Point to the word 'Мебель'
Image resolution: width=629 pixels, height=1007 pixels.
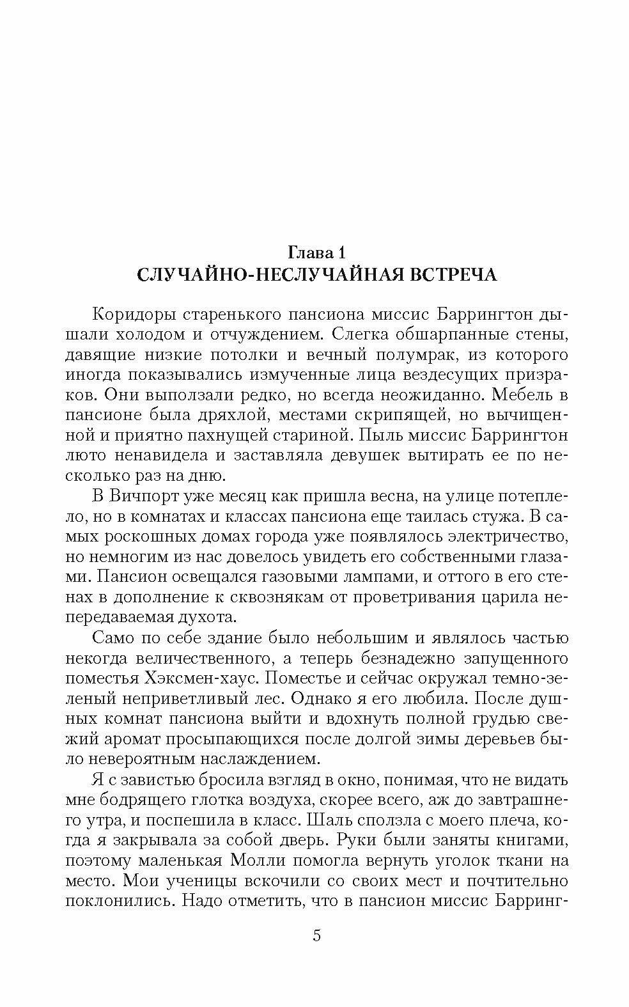point(515,394)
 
